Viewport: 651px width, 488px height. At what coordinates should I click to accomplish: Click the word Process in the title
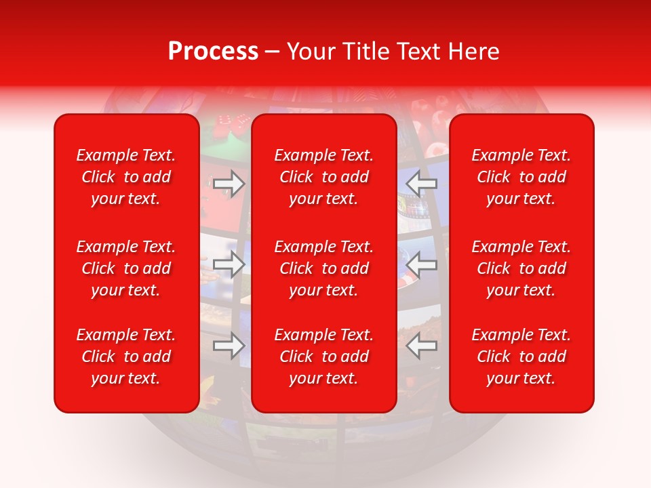[x=213, y=52]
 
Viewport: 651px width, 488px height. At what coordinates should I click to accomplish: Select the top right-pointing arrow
[x=229, y=183]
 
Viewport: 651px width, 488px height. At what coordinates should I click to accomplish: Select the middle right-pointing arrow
[x=229, y=264]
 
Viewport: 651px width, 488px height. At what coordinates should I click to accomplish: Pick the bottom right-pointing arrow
[x=229, y=346]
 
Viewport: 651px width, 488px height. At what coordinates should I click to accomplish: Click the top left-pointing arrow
[x=422, y=183]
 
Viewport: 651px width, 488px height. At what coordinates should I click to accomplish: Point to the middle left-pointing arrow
[x=422, y=264]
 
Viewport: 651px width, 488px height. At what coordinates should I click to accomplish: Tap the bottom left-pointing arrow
[x=422, y=346]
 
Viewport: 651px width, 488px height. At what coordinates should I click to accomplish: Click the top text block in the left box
[x=126, y=177]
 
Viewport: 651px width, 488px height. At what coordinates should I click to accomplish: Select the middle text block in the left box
[x=126, y=268]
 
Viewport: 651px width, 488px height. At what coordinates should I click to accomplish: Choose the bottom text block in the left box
[x=126, y=357]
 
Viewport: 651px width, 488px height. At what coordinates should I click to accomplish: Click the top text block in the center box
[x=324, y=177]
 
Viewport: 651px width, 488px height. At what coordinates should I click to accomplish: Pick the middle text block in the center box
[x=324, y=268]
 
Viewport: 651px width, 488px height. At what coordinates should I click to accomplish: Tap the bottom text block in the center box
[x=324, y=357]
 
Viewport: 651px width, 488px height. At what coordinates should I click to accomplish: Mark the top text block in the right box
[x=521, y=177]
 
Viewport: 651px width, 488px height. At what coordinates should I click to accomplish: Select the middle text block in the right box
[x=521, y=268]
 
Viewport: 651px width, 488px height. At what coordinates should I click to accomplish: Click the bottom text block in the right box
[x=521, y=357]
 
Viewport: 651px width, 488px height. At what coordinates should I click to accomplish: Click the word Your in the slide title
[x=311, y=52]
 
